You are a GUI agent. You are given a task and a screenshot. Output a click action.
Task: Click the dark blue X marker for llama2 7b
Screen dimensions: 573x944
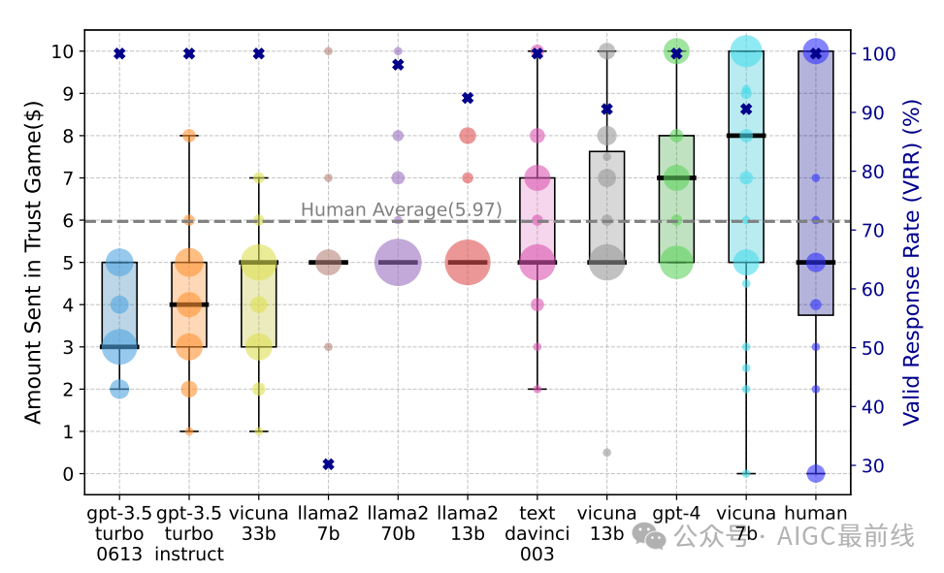pos(328,464)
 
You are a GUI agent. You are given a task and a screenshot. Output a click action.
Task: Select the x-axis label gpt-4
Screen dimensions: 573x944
pos(676,513)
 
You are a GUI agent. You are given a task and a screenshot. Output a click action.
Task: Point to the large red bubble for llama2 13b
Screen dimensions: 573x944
pos(467,262)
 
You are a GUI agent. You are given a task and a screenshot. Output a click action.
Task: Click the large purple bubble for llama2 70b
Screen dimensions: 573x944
pos(398,262)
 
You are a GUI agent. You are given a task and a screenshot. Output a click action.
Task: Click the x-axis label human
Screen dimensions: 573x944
pos(815,513)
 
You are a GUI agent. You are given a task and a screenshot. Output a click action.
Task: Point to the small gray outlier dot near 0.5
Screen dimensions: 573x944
pos(606,452)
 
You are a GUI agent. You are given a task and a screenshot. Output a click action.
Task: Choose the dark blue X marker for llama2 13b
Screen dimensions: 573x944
pos(468,98)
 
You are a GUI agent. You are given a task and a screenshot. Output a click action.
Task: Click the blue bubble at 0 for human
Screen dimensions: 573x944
pos(816,473)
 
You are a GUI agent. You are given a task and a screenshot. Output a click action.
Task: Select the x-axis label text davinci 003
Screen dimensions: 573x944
pos(537,533)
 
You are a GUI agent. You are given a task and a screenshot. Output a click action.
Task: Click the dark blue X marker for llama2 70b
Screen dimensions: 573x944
pos(398,65)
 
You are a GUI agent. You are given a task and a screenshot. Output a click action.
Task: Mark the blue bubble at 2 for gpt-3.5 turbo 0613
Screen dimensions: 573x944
pos(119,389)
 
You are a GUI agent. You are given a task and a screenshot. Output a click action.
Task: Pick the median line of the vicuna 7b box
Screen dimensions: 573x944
pos(746,136)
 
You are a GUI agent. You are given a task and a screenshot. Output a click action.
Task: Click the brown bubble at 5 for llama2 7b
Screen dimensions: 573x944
pos(329,262)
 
